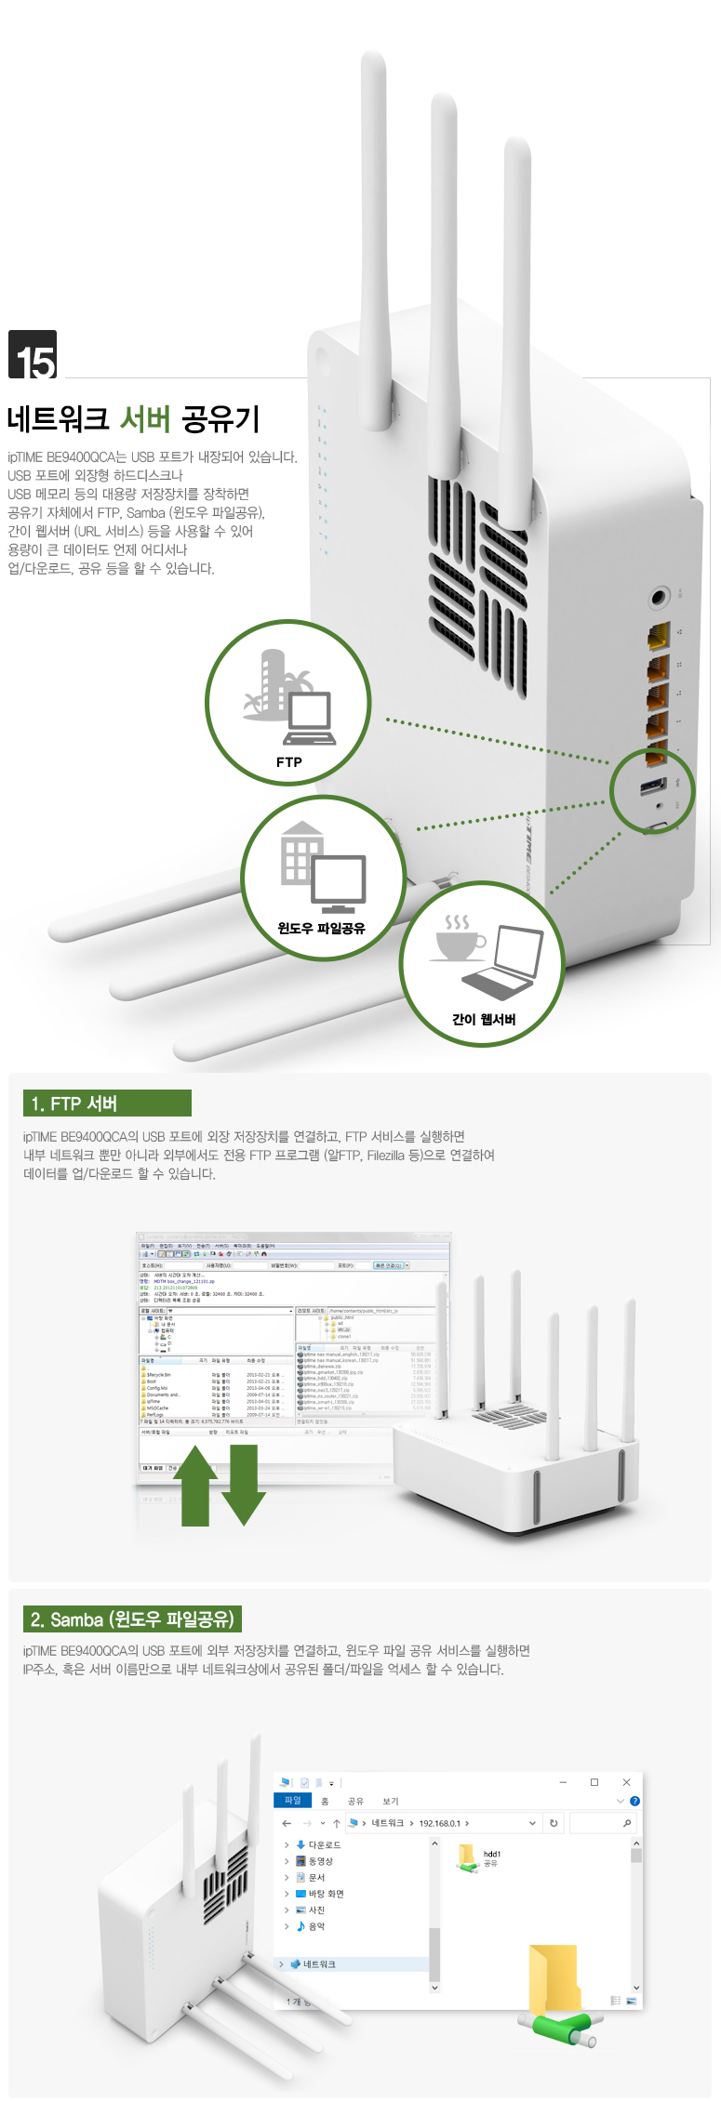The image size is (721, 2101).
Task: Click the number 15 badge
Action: click(33, 355)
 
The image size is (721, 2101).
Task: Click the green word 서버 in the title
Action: click(145, 419)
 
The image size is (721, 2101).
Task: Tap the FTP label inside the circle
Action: click(288, 762)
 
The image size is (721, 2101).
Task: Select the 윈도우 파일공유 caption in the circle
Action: click(321, 928)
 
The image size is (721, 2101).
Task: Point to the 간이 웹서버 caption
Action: click(483, 1019)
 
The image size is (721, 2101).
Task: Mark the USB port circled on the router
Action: click(652, 786)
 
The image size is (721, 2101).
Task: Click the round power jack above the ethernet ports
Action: click(659, 596)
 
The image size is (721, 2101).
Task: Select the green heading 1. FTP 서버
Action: click(107, 1103)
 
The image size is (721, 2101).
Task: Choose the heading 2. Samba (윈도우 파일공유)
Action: click(132, 1619)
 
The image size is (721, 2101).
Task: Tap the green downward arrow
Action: click(244, 1485)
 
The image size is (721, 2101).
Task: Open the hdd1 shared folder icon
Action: click(467, 1857)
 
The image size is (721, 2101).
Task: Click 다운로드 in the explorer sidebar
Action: click(324, 1844)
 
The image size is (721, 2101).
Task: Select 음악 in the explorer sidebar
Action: click(316, 1926)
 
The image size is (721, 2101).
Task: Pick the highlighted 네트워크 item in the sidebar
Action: click(318, 1964)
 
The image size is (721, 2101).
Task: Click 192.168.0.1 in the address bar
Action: click(439, 1823)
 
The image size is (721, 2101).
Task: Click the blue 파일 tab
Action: click(293, 1801)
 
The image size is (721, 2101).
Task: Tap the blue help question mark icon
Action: click(634, 1801)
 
